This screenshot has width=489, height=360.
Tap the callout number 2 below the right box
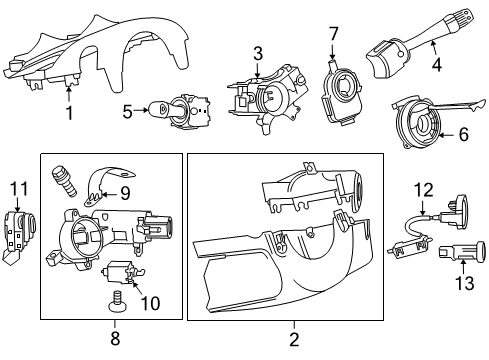(293, 339)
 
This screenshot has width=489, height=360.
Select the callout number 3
(257, 53)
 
